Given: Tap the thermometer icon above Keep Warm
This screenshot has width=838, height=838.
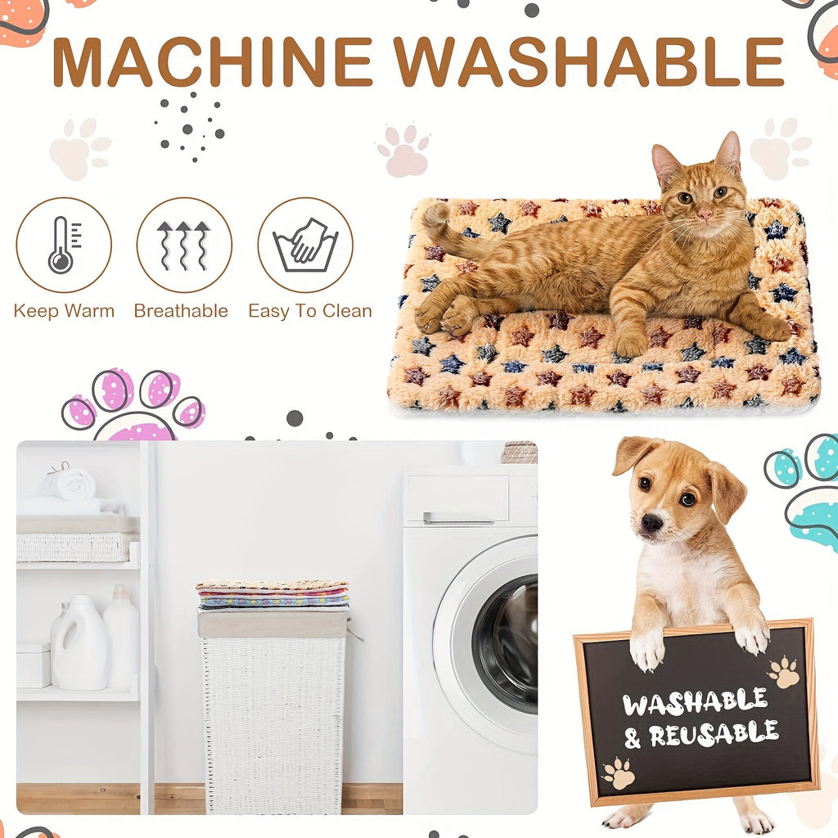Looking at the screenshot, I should pos(63,245).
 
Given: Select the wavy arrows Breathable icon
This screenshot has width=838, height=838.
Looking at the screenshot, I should pos(184,245).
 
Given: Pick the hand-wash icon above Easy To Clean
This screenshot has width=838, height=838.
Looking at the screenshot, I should pos(305,245).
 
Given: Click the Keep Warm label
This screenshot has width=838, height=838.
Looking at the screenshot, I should pos(64,311).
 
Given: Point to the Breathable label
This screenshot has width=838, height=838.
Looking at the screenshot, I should pos(181,311).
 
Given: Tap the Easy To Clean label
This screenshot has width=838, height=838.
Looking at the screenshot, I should pos(310,311).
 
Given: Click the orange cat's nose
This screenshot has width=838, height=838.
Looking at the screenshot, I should pos(705,214).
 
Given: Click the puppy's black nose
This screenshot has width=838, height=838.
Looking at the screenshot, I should pos(652,522).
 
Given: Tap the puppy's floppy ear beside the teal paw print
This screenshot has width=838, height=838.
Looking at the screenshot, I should pos(728,492).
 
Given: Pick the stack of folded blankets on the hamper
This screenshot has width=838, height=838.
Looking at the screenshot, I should pos(273,594).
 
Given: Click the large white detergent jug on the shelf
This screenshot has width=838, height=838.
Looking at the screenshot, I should pos(79,642).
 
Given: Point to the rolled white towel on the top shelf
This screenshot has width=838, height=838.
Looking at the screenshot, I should pos(71,484).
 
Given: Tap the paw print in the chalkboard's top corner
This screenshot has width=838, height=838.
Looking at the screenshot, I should pos(784,672).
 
